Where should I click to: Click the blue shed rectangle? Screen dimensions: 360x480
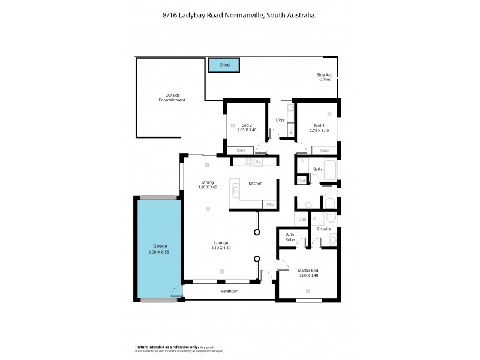coord(224,64)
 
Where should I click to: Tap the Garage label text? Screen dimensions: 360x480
coord(160,246)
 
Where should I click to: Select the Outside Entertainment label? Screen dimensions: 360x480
coord(172,97)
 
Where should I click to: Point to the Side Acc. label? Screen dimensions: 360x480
coord(325,75)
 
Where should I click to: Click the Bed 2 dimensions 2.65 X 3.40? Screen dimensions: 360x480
coord(247,130)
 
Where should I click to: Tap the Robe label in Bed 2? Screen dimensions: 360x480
coord(240,150)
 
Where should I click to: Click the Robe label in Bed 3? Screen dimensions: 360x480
coord(324,150)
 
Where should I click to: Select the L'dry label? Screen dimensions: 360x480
coord(280,120)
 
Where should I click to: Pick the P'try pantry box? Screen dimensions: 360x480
coord(269,205)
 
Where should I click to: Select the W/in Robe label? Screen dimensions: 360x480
coord(290,237)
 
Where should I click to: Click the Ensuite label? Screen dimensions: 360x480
coord(324,229)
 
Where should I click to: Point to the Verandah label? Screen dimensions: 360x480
coord(229,291)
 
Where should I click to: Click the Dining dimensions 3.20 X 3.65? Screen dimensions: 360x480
coord(208,187)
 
